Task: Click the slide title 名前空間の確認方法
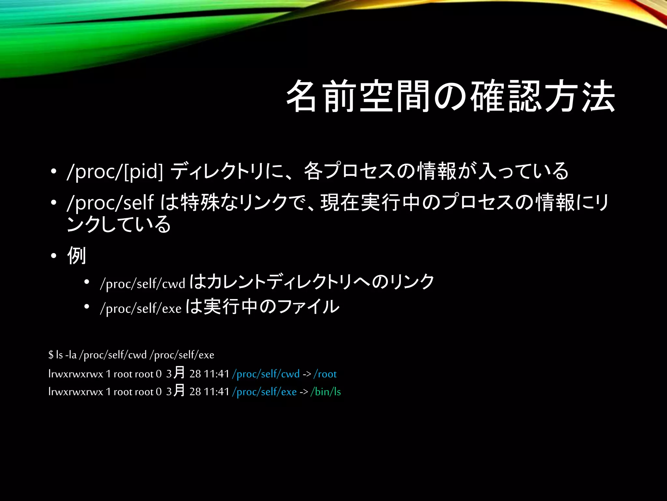pyautogui.click(x=450, y=97)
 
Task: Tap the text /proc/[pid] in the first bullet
pyautogui.click(x=115, y=171)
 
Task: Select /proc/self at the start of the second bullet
pyautogui.click(x=110, y=203)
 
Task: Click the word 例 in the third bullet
pyautogui.click(x=77, y=255)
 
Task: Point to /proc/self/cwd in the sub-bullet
pyautogui.click(x=143, y=283)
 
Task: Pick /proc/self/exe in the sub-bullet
pyautogui.click(x=141, y=308)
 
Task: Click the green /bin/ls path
pyautogui.click(x=326, y=391)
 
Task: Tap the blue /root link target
pyautogui.click(x=325, y=374)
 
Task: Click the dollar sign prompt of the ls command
pyautogui.click(x=51, y=355)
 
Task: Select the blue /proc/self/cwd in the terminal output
pyautogui.click(x=266, y=374)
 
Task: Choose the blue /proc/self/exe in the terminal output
pyautogui.click(x=264, y=391)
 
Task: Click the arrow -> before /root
pyautogui.click(x=307, y=374)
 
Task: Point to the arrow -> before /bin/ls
pyautogui.click(x=304, y=391)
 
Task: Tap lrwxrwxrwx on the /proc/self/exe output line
pyautogui.click(x=76, y=391)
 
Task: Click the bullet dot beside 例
pyautogui.click(x=54, y=256)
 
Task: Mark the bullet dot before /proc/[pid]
pyautogui.click(x=54, y=172)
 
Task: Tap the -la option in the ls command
pyautogui.click(x=71, y=355)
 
